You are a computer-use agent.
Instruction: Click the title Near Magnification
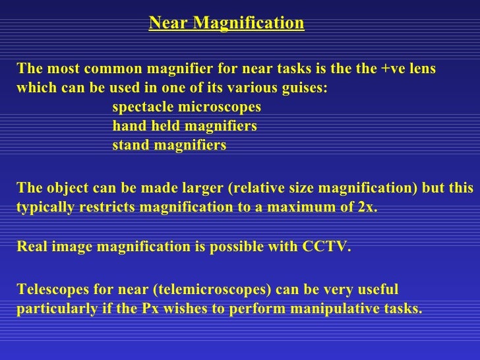click(x=226, y=24)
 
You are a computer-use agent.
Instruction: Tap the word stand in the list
click(x=131, y=145)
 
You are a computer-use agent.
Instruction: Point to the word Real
click(x=30, y=247)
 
